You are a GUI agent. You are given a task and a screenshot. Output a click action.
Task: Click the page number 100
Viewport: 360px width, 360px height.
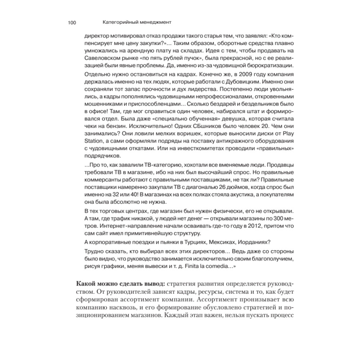(71, 22)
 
